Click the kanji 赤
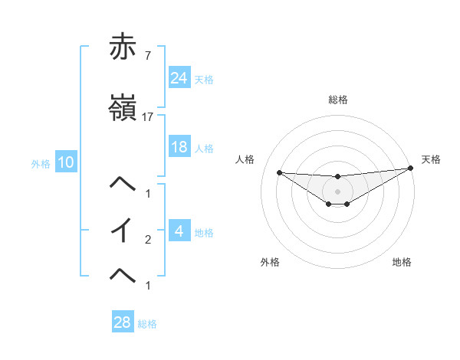click(123, 47)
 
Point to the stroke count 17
click(148, 117)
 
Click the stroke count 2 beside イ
click(148, 240)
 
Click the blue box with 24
click(179, 78)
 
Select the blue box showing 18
click(179, 147)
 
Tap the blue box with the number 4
click(179, 231)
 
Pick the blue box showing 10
click(65, 162)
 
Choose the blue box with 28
click(122, 322)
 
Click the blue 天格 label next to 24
click(204, 79)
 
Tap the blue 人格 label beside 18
click(204, 148)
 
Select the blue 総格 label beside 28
click(147, 324)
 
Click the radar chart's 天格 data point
click(411, 169)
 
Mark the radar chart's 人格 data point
click(279, 172)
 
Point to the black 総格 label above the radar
click(338, 100)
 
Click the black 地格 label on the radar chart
click(402, 262)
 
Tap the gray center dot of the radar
click(338, 191)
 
